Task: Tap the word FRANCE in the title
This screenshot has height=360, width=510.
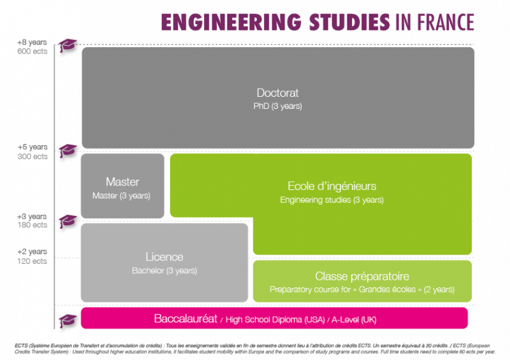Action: (x=446, y=22)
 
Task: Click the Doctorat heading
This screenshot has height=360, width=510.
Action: (x=277, y=93)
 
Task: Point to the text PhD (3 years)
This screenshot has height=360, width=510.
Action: (x=277, y=106)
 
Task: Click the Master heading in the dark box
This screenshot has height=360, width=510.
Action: (x=122, y=182)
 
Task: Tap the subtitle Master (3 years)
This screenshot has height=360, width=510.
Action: (x=122, y=196)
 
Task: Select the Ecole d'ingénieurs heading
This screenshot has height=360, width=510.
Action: (x=332, y=186)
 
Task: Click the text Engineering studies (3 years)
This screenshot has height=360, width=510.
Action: (x=332, y=200)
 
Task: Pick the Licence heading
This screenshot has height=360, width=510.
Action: (x=164, y=257)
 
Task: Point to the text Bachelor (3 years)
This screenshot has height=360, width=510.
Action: (x=164, y=271)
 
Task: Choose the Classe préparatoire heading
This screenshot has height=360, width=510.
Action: (x=362, y=277)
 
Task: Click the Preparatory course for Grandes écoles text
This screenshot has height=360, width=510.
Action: (x=362, y=290)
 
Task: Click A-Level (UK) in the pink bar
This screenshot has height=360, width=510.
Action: (x=349, y=319)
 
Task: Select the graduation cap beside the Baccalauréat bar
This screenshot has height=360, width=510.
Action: (x=67, y=319)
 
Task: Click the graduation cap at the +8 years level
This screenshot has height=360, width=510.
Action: (x=67, y=46)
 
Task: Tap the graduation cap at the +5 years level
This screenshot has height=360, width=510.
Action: (x=67, y=151)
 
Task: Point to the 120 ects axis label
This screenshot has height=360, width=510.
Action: (x=33, y=261)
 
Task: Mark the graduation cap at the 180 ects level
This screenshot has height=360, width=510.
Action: (x=67, y=221)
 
